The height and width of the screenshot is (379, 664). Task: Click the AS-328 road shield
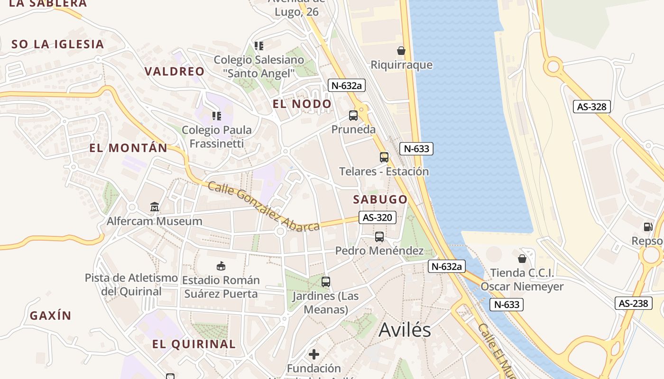pyautogui.click(x=591, y=107)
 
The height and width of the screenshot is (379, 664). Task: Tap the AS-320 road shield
pyautogui.click(x=377, y=217)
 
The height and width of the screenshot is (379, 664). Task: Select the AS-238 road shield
pyautogui.click(x=634, y=303)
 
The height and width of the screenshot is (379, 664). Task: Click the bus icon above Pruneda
pyautogui.click(x=353, y=115)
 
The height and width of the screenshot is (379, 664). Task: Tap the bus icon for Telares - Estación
pyautogui.click(x=384, y=157)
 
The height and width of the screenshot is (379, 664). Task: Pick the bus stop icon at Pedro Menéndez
pyautogui.click(x=379, y=236)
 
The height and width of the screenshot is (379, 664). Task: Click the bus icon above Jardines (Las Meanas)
pyautogui.click(x=326, y=282)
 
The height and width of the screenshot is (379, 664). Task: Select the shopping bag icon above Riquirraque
pyautogui.click(x=401, y=50)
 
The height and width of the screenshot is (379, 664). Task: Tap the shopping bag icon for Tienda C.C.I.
pyautogui.click(x=522, y=258)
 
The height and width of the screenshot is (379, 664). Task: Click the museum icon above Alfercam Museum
pyautogui.click(x=155, y=207)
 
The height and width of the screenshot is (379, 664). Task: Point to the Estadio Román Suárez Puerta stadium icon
pyautogui.click(x=221, y=266)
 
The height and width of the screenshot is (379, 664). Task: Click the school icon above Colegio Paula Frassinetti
pyautogui.click(x=217, y=116)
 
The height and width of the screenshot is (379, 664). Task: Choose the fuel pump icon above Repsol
pyautogui.click(x=648, y=227)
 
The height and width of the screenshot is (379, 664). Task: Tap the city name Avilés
pyautogui.click(x=405, y=330)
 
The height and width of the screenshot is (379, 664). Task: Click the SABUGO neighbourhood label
pyautogui.click(x=380, y=199)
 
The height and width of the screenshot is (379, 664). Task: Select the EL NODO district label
pyautogui.click(x=302, y=104)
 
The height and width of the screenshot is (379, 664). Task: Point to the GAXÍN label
pyautogui.click(x=50, y=316)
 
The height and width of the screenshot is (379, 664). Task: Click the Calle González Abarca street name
pyautogui.click(x=263, y=207)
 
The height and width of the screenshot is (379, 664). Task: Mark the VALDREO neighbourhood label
pyautogui.click(x=175, y=72)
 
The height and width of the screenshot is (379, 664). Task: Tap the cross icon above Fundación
pyautogui.click(x=314, y=354)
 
